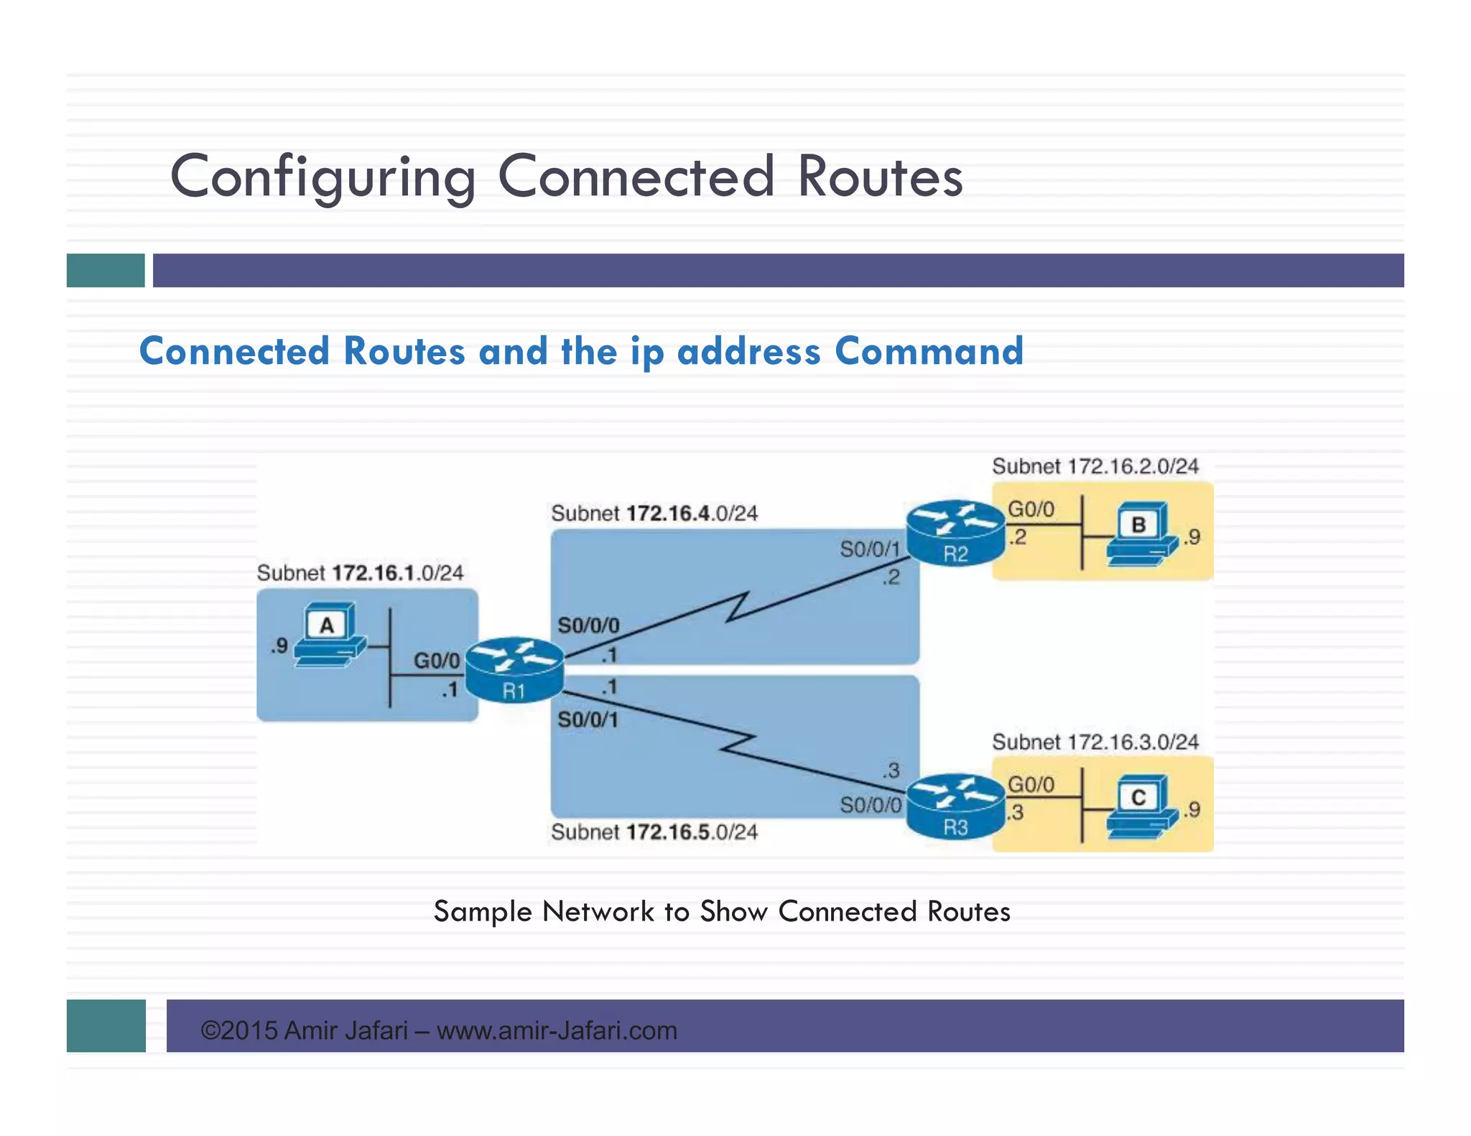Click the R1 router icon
click(514, 669)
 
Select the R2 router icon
click(955, 533)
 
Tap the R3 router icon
click(955, 806)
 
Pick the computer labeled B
click(1141, 534)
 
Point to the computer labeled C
click(1141, 807)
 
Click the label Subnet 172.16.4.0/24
click(654, 513)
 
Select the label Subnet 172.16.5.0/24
click(654, 832)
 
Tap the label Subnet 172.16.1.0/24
click(360, 573)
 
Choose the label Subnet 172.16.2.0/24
click(1095, 467)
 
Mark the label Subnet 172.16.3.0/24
click(1095, 742)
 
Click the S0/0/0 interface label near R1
click(588, 625)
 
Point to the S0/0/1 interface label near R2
click(870, 549)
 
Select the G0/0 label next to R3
click(1031, 784)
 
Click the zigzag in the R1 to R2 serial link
click(738, 607)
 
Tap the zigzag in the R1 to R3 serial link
click(738, 745)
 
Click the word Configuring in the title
click(322, 177)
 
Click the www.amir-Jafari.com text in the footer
click(557, 1030)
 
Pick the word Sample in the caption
click(483, 911)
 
